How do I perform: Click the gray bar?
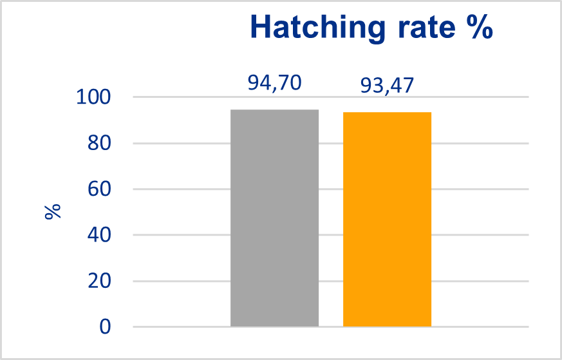(x=274, y=218)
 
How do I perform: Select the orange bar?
(x=387, y=220)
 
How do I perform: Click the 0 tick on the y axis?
(x=105, y=327)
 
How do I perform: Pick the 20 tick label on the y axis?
(x=99, y=281)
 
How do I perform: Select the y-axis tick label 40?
(x=99, y=235)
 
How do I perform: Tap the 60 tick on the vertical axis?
(x=99, y=189)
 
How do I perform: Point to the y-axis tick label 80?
(x=99, y=144)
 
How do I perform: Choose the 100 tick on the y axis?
(x=94, y=98)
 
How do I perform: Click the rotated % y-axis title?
(x=53, y=212)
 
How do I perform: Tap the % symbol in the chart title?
(x=478, y=28)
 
